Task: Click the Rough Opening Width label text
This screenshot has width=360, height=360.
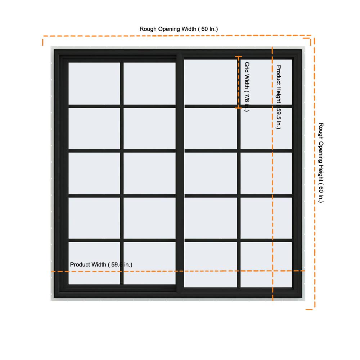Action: (179, 29)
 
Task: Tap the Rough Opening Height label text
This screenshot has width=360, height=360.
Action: (321, 163)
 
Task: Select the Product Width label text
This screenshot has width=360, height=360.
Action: (101, 265)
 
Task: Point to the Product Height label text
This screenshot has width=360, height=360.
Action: (279, 97)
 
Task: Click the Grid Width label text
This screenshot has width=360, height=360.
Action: (247, 86)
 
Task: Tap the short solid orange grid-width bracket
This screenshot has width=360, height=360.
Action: (239, 82)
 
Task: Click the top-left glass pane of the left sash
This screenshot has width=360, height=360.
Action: (94, 84)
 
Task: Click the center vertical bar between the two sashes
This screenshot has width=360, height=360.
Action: (180, 174)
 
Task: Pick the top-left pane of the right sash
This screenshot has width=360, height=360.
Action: (211, 82)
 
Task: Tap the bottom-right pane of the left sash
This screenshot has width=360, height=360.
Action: (149, 263)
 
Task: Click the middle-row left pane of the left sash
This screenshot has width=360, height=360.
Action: (94, 174)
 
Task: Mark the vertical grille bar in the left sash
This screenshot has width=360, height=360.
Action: (122, 174)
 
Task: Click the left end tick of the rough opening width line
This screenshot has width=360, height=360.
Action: (43, 42)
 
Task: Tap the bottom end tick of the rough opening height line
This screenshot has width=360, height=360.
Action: (309, 310)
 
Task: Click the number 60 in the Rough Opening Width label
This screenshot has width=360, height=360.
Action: (204, 29)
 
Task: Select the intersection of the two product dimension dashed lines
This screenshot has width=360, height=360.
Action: (273, 271)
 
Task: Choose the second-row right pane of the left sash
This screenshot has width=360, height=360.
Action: (149, 129)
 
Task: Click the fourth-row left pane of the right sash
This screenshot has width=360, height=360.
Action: (211, 218)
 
